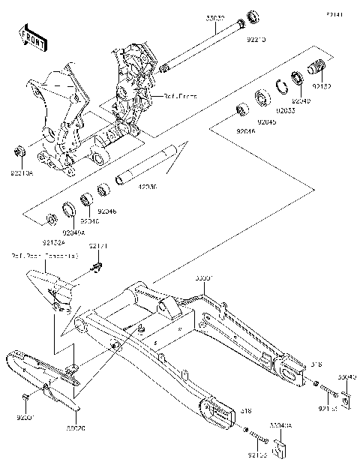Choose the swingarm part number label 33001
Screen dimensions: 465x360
pos(204,277)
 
